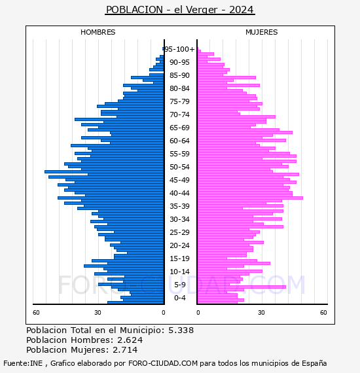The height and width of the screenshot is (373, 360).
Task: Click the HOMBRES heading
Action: tap(98, 32)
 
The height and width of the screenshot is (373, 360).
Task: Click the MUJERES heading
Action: tap(262, 32)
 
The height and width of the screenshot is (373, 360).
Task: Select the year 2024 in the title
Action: tap(242, 10)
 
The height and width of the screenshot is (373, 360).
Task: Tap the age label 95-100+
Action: tap(179, 49)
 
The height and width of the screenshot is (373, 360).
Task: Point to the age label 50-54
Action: tap(179, 167)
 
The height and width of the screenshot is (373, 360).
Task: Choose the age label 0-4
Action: tap(179, 298)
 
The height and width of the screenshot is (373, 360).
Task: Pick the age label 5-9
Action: tap(179, 285)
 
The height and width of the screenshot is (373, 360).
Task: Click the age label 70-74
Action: tap(179, 115)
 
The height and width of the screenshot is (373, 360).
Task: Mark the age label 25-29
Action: tap(179, 232)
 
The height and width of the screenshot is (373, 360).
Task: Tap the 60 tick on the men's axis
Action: tap(36, 313)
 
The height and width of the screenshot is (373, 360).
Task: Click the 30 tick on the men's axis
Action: tap(98, 313)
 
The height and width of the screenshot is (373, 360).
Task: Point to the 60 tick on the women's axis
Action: tap(323, 313)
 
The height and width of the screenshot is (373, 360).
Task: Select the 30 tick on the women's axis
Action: tap(262, 313)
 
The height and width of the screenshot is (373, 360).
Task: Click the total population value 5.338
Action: tap(181, 330)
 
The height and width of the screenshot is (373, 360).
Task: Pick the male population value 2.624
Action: tap(130, 340)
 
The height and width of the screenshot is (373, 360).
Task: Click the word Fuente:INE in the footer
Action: tap(23, 363)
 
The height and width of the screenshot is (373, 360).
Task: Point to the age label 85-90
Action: tap(179, 75)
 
